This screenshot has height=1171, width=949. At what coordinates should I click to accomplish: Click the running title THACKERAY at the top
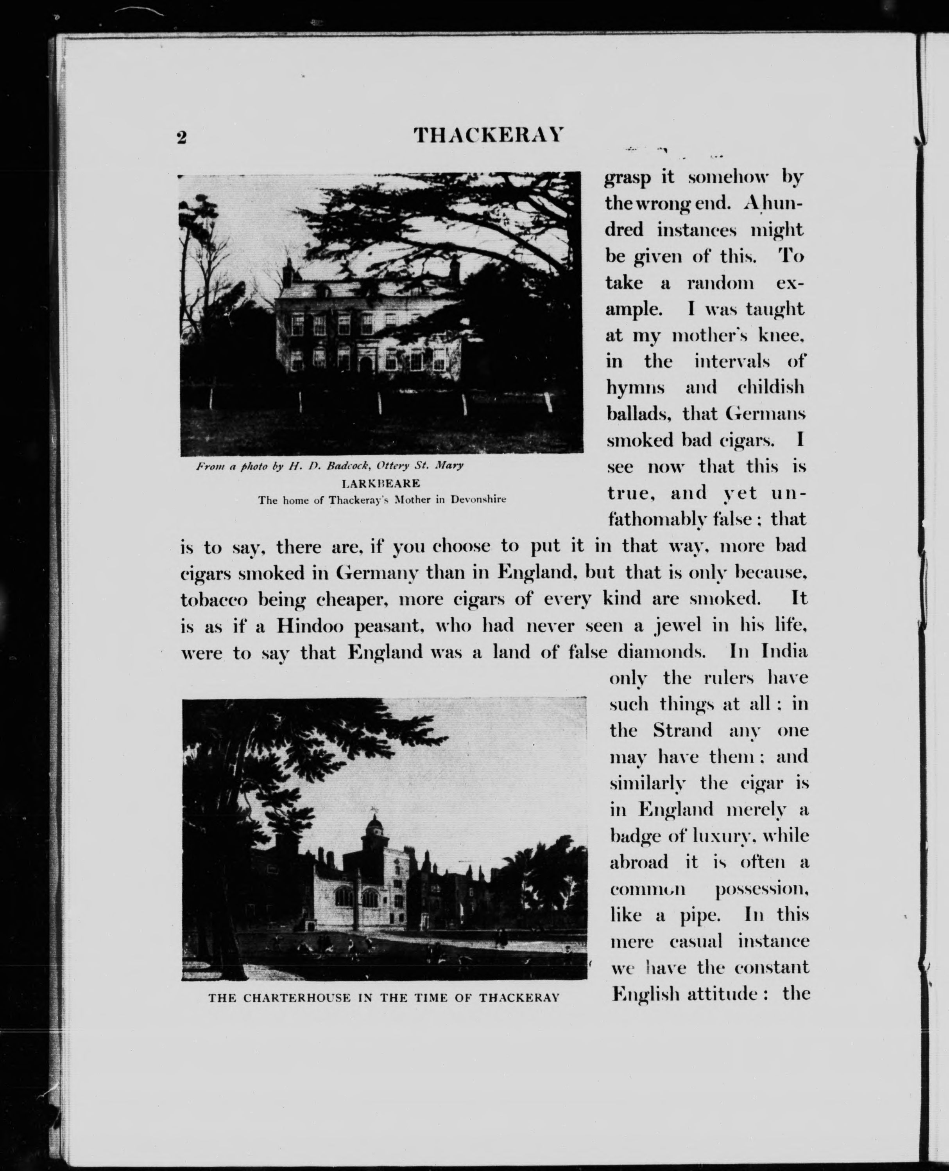[488, 135]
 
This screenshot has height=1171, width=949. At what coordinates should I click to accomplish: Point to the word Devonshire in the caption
[478, 499]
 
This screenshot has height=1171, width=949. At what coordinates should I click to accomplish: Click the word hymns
[635, 388]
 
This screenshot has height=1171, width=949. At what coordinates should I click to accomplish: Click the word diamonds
[662, 652]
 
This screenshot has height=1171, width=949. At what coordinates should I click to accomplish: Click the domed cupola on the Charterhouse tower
[374, 823]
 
